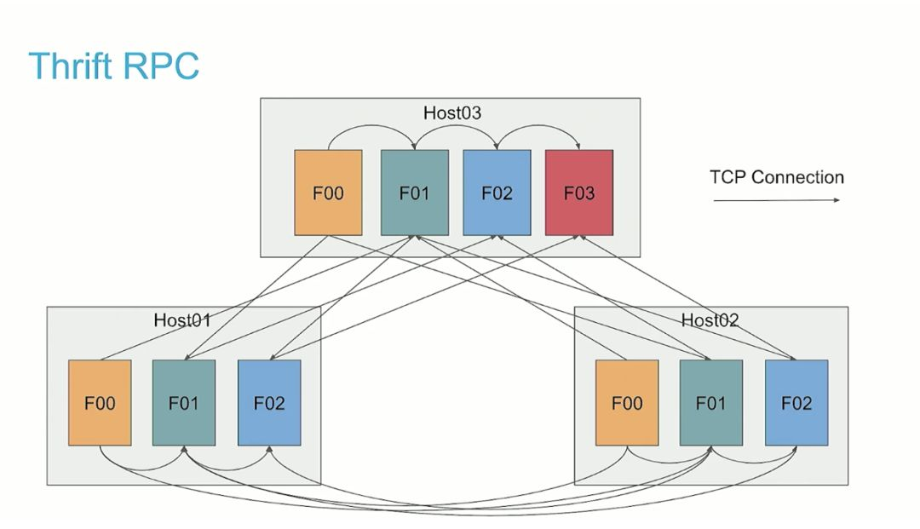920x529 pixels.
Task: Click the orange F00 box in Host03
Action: [328, 193]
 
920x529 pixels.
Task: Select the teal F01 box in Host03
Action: [414, 193]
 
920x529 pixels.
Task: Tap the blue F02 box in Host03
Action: [497, 193]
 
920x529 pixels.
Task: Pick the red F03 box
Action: [579, 193]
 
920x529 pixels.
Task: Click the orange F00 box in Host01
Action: [100, 402]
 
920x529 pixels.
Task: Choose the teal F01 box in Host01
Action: [184, 402]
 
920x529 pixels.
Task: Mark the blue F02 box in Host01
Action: [269, 402]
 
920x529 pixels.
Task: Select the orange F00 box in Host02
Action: [627, 402]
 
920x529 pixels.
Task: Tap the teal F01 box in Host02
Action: [711, 402]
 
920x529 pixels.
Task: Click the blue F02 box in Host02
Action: [796, 402]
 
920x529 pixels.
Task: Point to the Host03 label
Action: [452, 113]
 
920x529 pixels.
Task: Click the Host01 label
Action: [182, 320]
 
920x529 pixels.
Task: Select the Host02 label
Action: [710, 320]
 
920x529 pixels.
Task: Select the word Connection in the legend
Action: [797, 177]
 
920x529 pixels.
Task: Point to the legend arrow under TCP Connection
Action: [776, 200]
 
